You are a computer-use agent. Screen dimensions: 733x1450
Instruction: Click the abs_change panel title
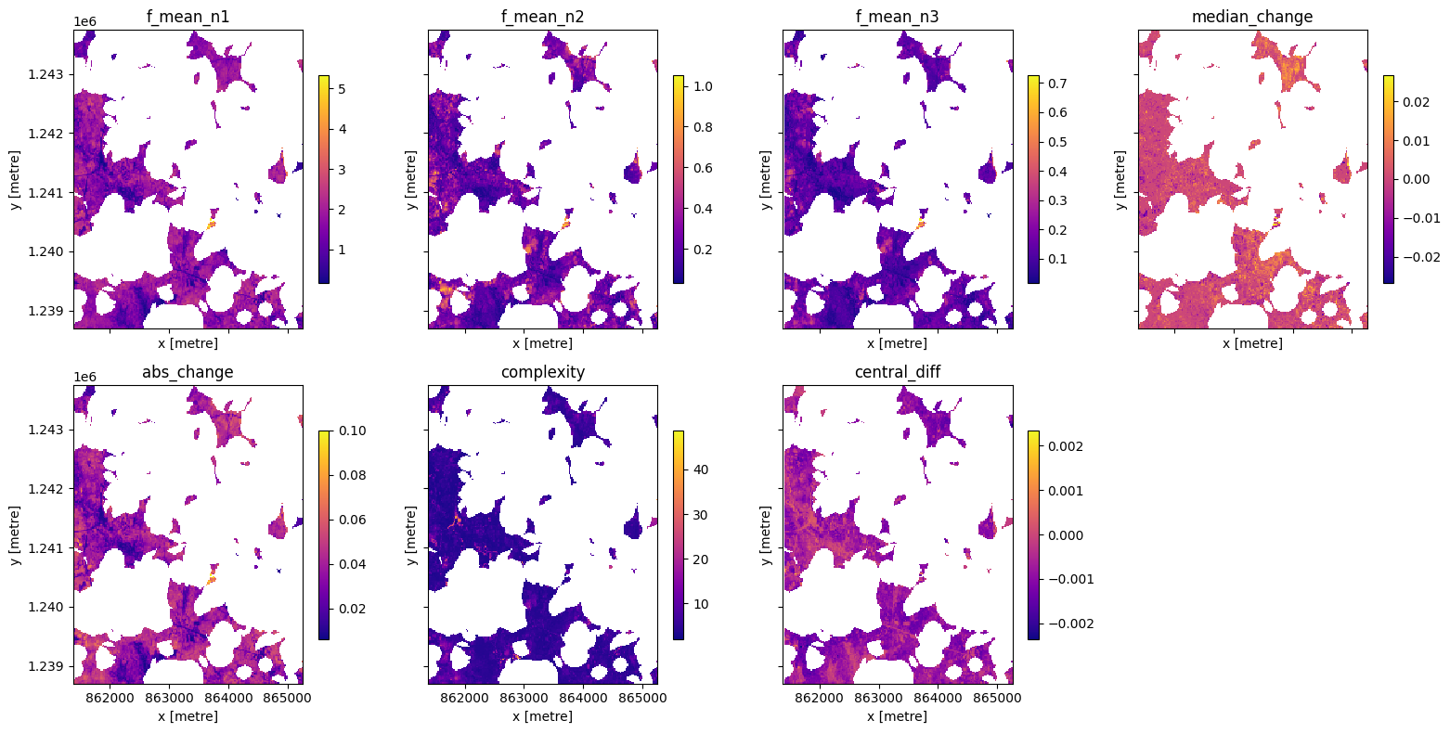click(x=188, y=372)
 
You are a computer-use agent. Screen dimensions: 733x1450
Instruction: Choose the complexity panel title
click(x=543, y=372)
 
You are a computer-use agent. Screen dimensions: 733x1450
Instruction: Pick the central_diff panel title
click(x=898, y=372)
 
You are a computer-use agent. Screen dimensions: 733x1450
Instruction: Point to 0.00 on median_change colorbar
click(x=1416, y=178)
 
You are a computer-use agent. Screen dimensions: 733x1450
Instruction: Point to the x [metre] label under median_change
click(x=1252, y=343)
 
